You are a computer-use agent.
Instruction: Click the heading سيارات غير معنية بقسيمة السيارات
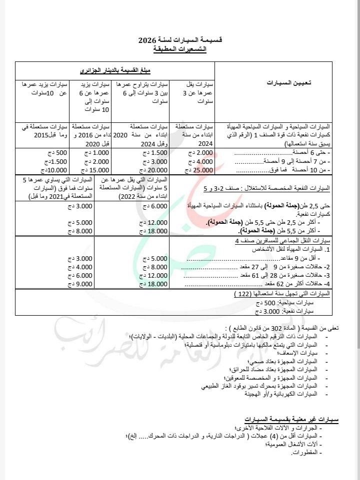[291, 418]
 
